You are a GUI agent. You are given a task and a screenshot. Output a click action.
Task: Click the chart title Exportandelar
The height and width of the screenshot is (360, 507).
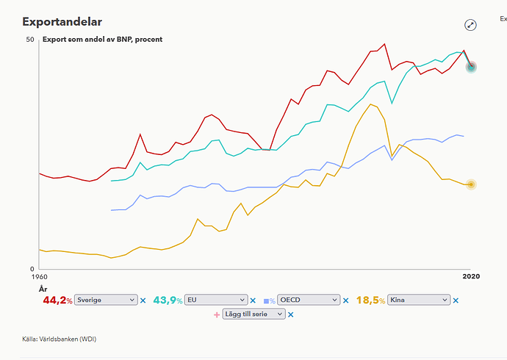pyautogui.click(x=62, y=22)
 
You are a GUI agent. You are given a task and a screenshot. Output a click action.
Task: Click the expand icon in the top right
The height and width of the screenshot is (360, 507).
pyautogui.click(x=470, y=25)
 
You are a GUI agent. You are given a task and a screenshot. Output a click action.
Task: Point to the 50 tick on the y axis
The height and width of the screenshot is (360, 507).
pyautogui.click(x=30, y=40)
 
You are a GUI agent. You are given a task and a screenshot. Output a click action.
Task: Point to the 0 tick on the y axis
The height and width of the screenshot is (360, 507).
pyautogui.click(x=32, y=269)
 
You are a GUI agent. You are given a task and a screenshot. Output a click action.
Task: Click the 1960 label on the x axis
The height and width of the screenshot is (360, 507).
pyautogui.click(x=39, y=277)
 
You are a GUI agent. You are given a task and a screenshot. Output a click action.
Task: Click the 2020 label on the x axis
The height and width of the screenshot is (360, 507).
pyautogui.click(x=471, y=276)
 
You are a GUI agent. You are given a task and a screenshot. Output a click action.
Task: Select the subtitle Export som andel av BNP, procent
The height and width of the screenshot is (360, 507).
pyautogui.click(x=102, y=40)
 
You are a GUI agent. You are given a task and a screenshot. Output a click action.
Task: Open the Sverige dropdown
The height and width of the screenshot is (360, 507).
pyautogui.click(x=106, y=300)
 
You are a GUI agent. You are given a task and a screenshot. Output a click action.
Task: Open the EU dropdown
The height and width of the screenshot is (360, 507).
pyautogui.click(x=216, y=300)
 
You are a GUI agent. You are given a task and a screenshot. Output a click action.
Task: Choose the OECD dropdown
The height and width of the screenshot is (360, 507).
pyautogui.click(x=309, y=300)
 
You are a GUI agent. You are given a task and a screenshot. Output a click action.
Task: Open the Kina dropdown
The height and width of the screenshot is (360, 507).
pyautogui.click(x=419, y=300)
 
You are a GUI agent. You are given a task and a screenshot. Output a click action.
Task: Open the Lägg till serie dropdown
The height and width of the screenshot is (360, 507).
pyautogui.click(x=253, y=314)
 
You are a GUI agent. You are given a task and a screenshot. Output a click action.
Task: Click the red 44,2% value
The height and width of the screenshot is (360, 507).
pyautogui.click(x=57, y=300)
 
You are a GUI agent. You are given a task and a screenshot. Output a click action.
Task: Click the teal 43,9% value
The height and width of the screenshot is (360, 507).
pyautogui.click(x=168, y=300)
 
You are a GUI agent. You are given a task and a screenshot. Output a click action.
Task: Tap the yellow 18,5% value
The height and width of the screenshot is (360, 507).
pyautogui.click(x=370, y=300)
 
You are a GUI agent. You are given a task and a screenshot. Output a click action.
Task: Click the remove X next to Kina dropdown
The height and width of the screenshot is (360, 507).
pyautogui.click(x=456, y=300)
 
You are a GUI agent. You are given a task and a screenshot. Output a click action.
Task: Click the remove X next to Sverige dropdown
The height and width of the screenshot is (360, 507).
pyautogui.click(x=143, y=300)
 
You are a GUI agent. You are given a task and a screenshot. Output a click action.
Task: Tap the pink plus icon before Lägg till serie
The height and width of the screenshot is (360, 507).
pyautogui.click(x=217, y=314)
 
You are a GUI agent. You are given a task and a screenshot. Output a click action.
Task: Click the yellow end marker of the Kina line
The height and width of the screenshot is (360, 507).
pyautogui.click(x=471, y=184)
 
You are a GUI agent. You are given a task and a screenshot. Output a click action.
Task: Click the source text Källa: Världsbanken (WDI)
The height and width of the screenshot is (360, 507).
pyautogui.click(x=60, y=339)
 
